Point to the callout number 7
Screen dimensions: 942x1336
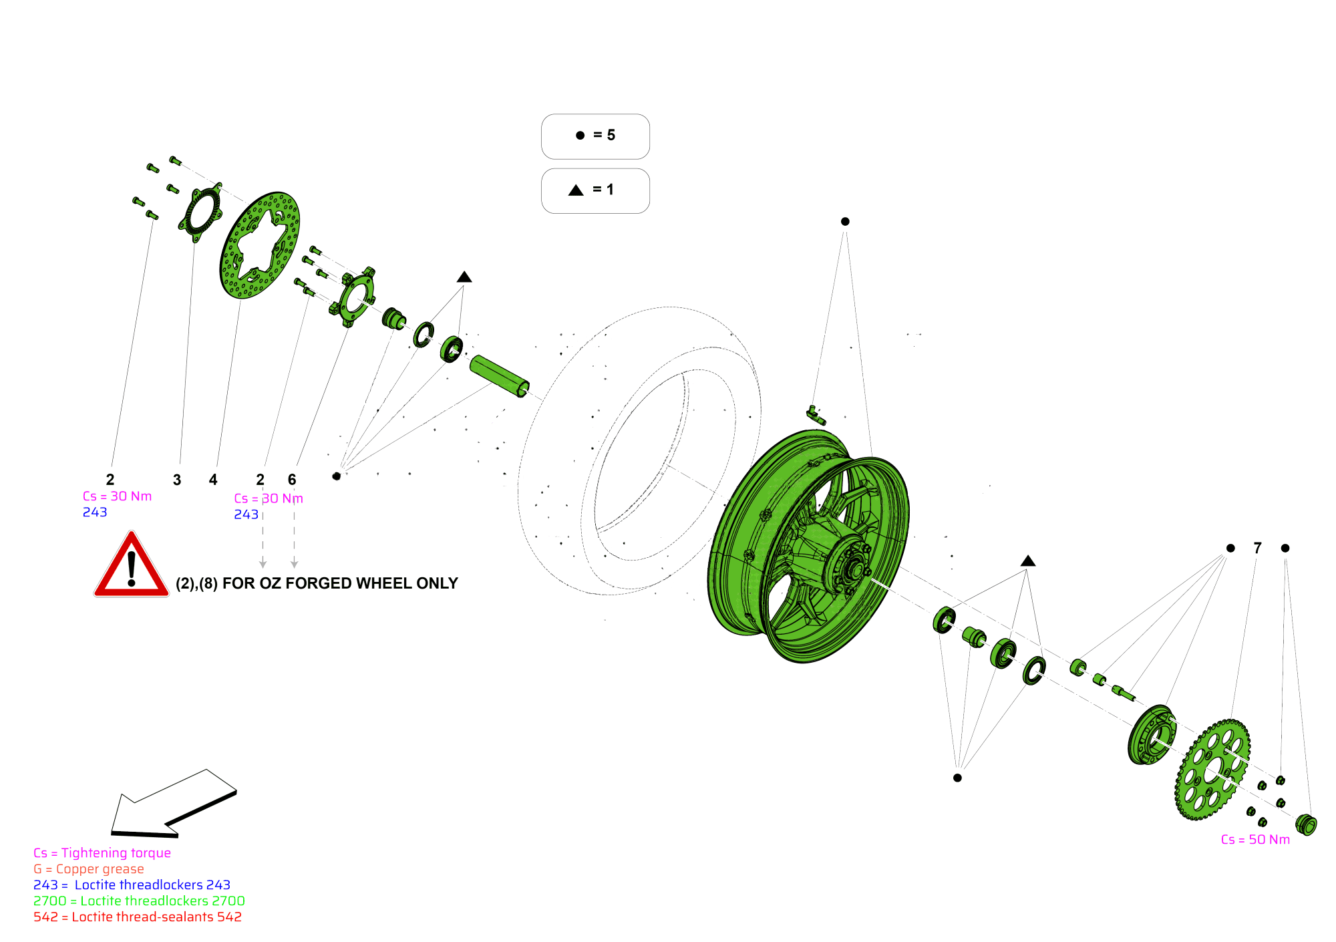(x=1258, y=548)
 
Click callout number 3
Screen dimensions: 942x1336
(x=177, y=480)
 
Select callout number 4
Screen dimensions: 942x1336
(x=213, y=480)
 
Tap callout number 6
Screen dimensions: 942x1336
(x=292, y=480)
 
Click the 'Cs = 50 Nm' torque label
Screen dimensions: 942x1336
(x=1255, y=840)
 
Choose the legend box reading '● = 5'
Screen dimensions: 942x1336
(x=595, y=136)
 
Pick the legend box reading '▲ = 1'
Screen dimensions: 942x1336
(x=595, y=190)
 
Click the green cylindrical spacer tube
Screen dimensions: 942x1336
(x=499, y=376)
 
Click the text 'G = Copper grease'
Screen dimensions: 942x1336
(x=89, y=869)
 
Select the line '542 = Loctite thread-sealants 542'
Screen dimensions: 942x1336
(x=138, y=917)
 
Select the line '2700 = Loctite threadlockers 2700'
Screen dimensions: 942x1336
(x=139, y=901)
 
